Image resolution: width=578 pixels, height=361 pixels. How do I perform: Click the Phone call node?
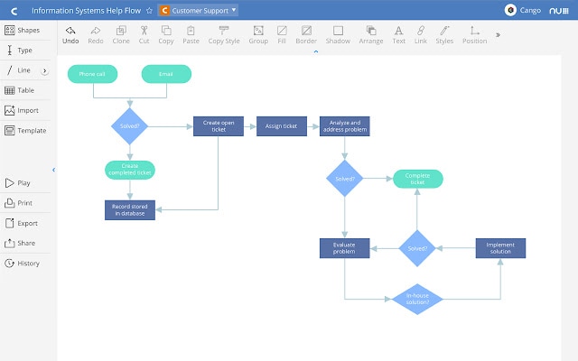click(91, 74)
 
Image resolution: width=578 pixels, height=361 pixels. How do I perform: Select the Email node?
click(165, 74)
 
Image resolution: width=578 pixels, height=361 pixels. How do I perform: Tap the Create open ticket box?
click(219, 126)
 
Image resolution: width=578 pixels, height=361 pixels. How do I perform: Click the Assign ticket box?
click(281, 126)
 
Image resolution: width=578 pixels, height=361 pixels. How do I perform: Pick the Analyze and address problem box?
click(344, 126)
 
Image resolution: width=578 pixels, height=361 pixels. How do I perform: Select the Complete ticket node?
click(416, 179)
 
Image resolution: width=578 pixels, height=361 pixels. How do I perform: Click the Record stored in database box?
click(130, 209)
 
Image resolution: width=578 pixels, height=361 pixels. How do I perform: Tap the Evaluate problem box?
click(344, 248)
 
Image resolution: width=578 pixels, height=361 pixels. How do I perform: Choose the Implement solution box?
click(500, 248)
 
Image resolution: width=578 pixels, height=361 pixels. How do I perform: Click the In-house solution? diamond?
click(417, 299)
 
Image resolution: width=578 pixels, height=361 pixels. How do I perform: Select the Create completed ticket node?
click(130, 169)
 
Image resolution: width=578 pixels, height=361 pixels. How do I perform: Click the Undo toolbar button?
click(70, 35)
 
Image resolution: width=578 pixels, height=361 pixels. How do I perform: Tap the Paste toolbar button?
click(191, 35)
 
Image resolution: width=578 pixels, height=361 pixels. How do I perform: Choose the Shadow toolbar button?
click(338, 35)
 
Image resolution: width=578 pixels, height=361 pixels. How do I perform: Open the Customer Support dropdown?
click(198, 10)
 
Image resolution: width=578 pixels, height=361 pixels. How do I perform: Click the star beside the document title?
click(149, 11)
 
